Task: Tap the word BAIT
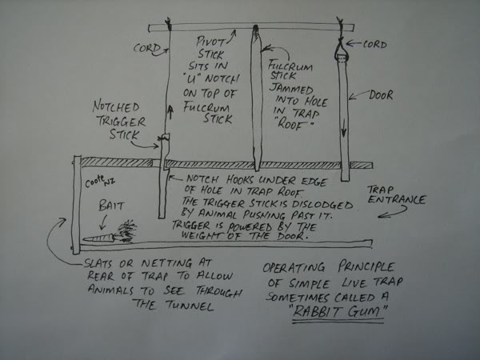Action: click(x=111, y=206)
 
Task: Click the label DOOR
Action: click(x=381, y=95)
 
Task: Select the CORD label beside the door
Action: click(x=374, y=45)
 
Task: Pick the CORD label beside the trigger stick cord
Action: click(x=147, y=48)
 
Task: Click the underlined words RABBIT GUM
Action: click(x=338, y=311)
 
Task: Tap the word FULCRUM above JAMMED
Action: click(x=290, y=66)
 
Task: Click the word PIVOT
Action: click(x=210, y=42)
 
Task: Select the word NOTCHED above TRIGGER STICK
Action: click(x=116, y=107)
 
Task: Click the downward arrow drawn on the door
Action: click(x=344, y=128)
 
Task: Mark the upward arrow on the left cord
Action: click(x=170, y=112)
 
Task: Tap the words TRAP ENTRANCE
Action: click(x=397, y=194)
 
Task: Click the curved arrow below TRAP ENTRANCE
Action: click(x=395, y=213)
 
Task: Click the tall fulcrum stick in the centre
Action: click(x=256, y=98)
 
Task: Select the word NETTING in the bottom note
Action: click(x=166, y=263)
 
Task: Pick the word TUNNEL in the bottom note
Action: click(x=190, y=306)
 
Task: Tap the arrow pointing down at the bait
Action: click(x=103, y=222)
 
